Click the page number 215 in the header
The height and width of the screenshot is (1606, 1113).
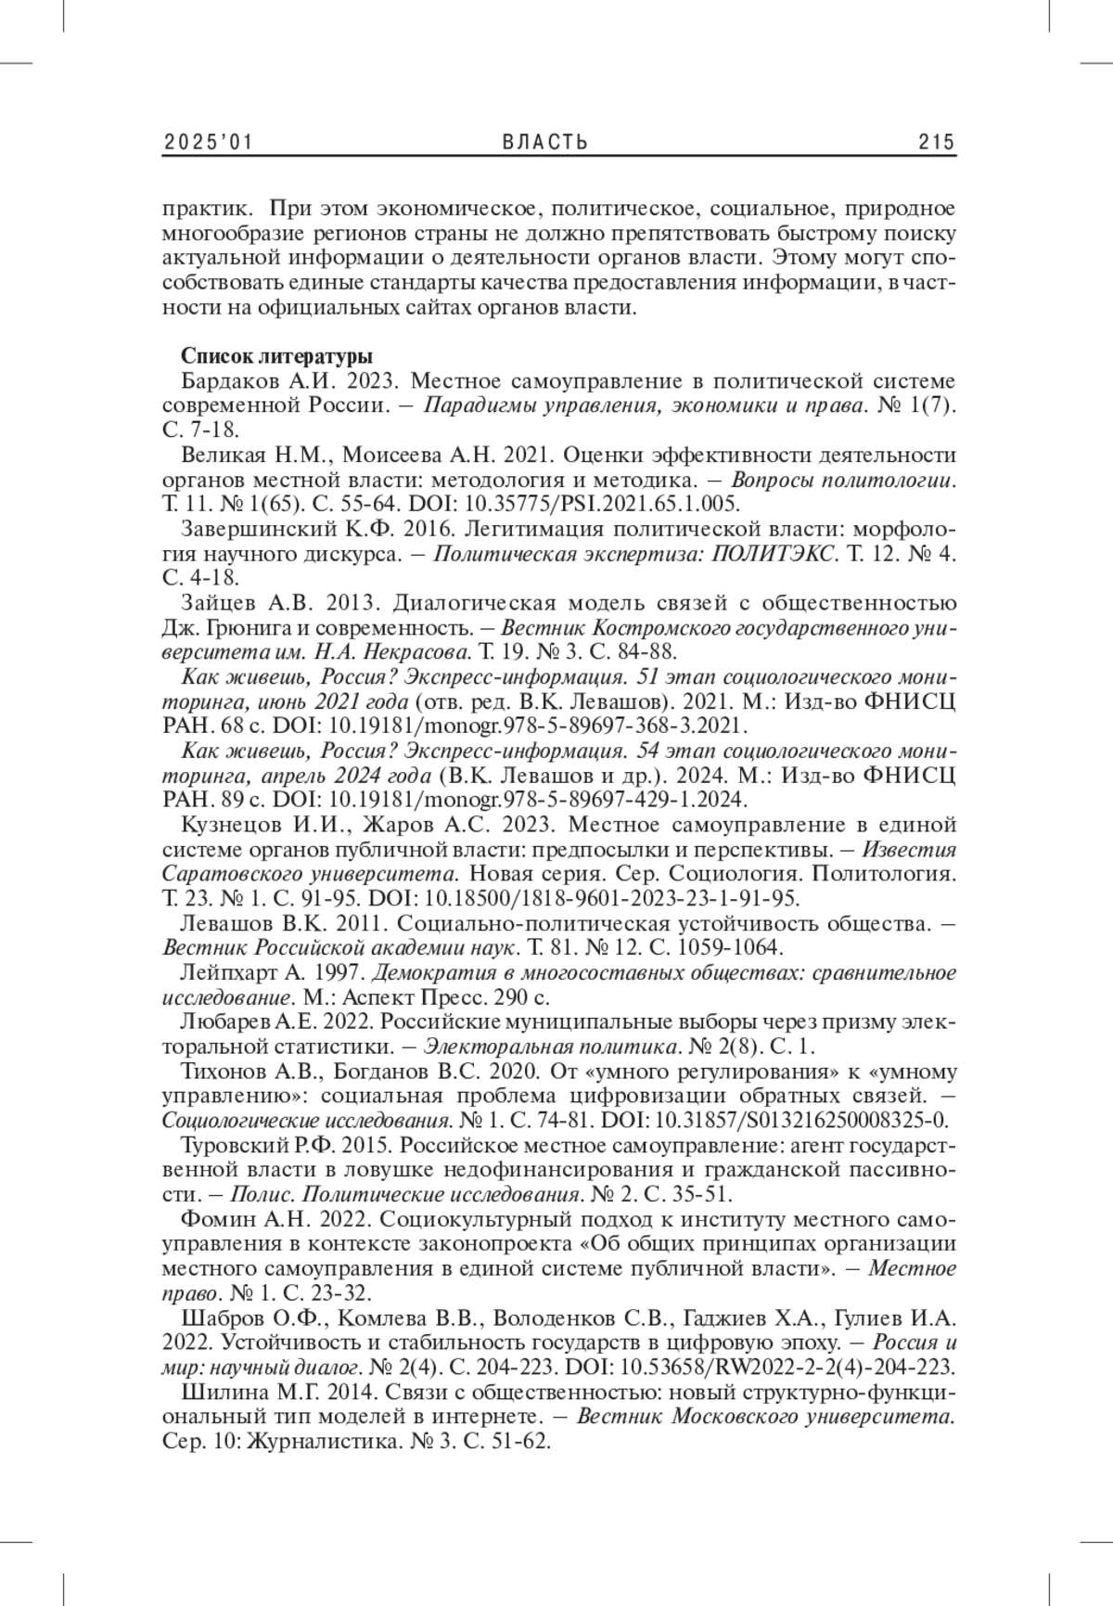click(x=936, y=142)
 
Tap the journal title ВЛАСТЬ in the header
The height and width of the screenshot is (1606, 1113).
click(x=545, y=142)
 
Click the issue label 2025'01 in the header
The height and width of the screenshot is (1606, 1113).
click(x=209, y=142)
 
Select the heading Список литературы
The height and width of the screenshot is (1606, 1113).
click(x=277, y=356)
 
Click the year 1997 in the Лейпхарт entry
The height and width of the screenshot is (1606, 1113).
click(x=343, y=972)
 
